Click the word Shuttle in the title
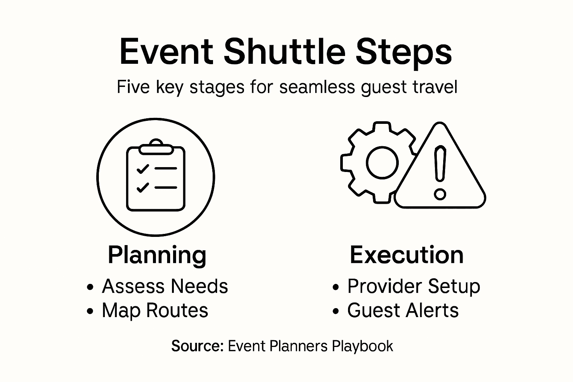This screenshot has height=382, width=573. (284, 52)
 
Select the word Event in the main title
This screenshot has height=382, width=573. (166, 52)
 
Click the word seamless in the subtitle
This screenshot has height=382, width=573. (317, 87)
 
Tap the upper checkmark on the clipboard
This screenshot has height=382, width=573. (143, 169)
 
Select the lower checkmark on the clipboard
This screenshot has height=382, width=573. (143, 187)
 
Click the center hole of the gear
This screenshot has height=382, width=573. (382, 163)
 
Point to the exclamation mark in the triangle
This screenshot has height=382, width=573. (440, 164)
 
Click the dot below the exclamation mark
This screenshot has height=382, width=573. (440, 194)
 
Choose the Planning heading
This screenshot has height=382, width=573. (157, 255)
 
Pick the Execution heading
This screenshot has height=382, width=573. (407, 255)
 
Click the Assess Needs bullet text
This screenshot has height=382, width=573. (165, 286)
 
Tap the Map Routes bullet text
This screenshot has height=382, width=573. (155, 310)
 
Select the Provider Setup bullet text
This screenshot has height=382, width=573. (413, 286)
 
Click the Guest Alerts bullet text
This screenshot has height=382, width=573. (403, 310)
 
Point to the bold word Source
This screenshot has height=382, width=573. (197, 346)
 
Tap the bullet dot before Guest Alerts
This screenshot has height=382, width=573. (336, 311)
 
